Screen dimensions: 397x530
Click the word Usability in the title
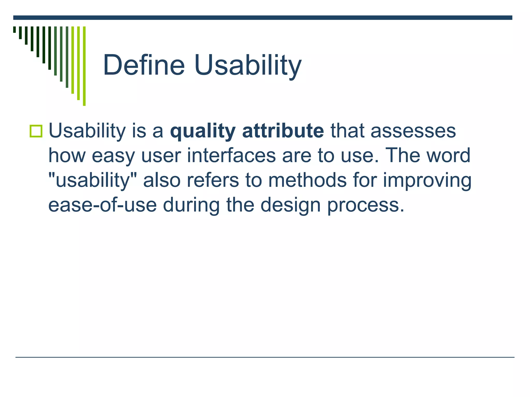(x=248, y=65)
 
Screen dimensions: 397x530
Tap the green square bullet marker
(x=36, y=131)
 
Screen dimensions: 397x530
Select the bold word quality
(x=203, y=131)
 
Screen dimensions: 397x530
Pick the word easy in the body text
(x=113, y=156)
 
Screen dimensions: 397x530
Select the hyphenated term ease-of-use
(x=102, y=205)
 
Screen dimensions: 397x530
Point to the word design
(x=290, y=205)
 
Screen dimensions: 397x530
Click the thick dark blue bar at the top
(x=263, y=18)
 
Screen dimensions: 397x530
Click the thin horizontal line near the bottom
(x=265, y=357)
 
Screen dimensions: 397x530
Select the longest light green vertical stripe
(x=84, y=66)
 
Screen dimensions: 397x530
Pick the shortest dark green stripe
(x=14, y=29)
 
